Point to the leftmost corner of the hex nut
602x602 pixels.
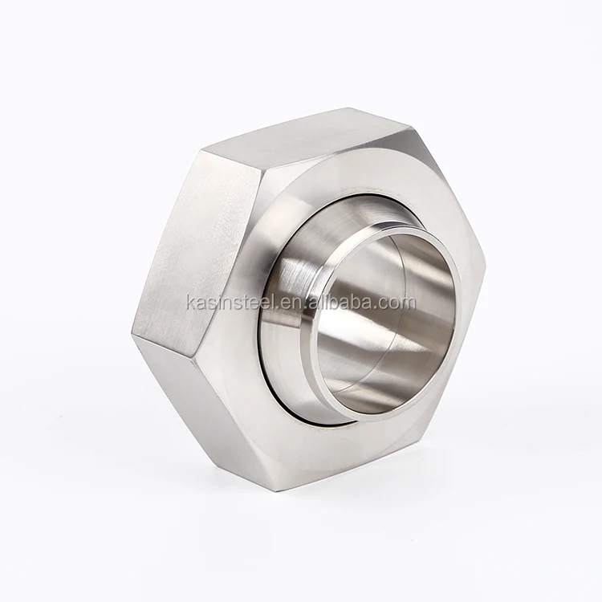click(x=133, y=333)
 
